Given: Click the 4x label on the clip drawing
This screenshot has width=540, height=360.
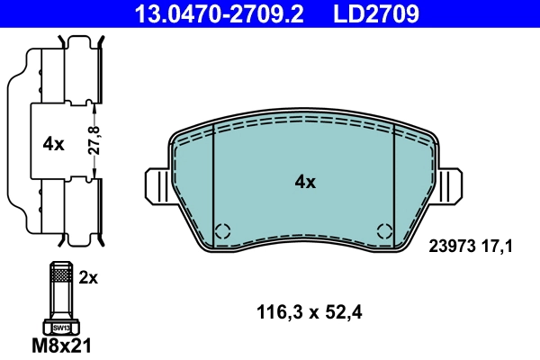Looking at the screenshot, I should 54,143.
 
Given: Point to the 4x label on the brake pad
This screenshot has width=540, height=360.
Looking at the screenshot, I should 305,182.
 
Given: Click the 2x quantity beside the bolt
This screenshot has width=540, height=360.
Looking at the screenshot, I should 87,278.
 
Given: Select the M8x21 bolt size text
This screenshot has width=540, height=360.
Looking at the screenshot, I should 62,345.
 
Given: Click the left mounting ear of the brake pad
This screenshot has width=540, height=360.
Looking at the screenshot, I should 157,188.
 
